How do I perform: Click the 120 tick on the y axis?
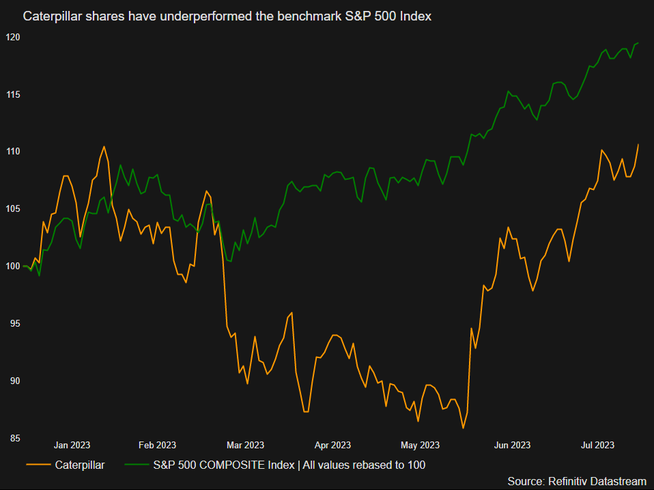click(x=12, y=37)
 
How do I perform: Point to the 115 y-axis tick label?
click(x=12, y=94)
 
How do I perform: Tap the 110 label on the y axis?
click(x=12, y=151)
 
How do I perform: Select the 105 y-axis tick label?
click(x=12, y=208)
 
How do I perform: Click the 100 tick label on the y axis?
click(x=12, y=266)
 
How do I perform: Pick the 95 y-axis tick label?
click(x=13, y=323)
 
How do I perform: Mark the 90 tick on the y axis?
click(x=13, y=381)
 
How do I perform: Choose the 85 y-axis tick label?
click(x=13, y=438)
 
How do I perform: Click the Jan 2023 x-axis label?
click(x=72, y=445)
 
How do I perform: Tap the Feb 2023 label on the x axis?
click(x=157, y=445)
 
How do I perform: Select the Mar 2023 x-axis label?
click(x=244, y=445)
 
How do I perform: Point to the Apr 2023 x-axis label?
click(x=332, y=445)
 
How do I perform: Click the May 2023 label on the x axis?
click(x=420, y=445)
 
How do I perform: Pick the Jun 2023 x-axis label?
click(x=511, y=445)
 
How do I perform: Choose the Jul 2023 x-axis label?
click(x=597, y=445)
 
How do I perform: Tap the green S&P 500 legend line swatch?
click(x=137, y=465)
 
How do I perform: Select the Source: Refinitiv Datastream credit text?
click(x=577, y=481)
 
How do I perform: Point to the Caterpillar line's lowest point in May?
click(x=463, y=428)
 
